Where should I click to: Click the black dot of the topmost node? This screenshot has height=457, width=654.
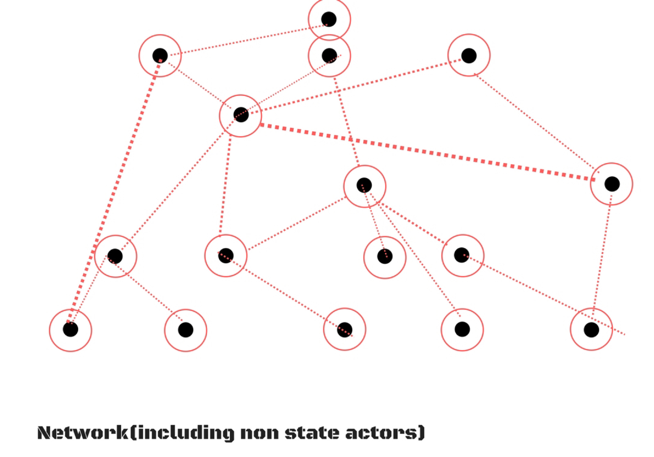[329, 19]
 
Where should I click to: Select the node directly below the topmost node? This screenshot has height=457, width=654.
[329, 56]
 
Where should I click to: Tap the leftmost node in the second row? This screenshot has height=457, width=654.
[160, 55]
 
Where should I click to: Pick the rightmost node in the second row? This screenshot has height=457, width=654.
[469, 55]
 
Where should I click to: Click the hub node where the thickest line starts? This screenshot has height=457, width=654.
[241, 115]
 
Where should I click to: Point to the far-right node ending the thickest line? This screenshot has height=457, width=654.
[612, 184]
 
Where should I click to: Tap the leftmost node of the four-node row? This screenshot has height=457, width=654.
[115, 256]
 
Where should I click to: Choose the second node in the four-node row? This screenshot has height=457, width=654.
[226, 256]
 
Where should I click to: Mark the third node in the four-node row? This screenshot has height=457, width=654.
[384, 257]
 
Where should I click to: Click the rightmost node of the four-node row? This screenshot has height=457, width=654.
[462, 255]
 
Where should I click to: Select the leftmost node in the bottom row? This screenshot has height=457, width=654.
[70, 329]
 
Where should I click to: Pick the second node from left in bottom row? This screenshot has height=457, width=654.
[185, 330]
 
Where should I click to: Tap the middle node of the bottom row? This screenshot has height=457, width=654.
[344, 329]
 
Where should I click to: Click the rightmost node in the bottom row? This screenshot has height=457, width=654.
[591, 329]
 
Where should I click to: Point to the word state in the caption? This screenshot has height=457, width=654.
[312, 433]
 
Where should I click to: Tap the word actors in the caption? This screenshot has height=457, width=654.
[382, 433]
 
